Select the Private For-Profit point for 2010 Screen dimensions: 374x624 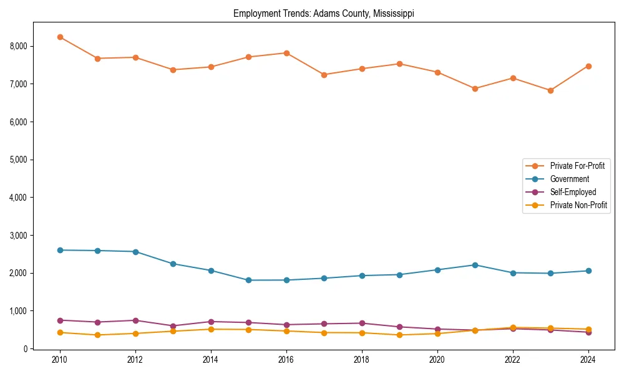pyautogui.click(x=60, y=37)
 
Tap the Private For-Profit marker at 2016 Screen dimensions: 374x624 pyautogui.click(x=286, y=53)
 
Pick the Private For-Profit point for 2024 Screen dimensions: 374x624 pyautogui.click(x=588, y=66)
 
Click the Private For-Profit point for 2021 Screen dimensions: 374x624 pyautogui.click(x=475, y=89)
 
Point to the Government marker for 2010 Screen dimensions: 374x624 pyautogui.click(x=60, y=250)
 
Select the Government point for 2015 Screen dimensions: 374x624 pyautogui.click(x=248, y=280)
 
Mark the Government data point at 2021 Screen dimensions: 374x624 pyautogui.click(x=475, y=265)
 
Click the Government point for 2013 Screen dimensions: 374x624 pyautogui.click(x=173, y=264)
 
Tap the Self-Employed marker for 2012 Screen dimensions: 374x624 pyautogui.click(x=135, y=320)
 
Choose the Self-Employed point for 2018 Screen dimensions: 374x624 pyautogui.click(x=362, y=323)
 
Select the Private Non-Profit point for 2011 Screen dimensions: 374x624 pyautogui.click(x=98, y=335)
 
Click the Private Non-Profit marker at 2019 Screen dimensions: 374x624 pyautogui.click(x=399, y=335)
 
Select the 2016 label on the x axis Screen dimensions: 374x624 pyautogui.click(x=286, y=360)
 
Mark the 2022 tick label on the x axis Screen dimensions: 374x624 pyautogui.click(x=513, y=360)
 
